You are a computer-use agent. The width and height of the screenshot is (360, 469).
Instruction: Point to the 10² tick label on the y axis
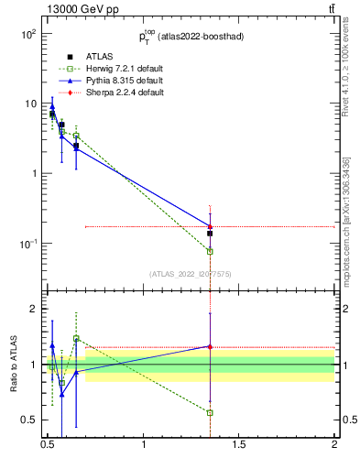pos(27,34)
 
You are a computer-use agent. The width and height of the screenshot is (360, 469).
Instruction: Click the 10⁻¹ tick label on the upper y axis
pos(27,244)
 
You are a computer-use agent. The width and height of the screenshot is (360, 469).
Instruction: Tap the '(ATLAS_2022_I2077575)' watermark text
pos(190,273)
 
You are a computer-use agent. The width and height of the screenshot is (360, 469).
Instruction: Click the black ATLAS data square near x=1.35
pos(211,234)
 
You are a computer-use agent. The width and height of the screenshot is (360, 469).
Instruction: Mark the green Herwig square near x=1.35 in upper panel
pos(211,251)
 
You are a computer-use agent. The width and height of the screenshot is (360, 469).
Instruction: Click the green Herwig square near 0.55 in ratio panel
pos(61,383)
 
